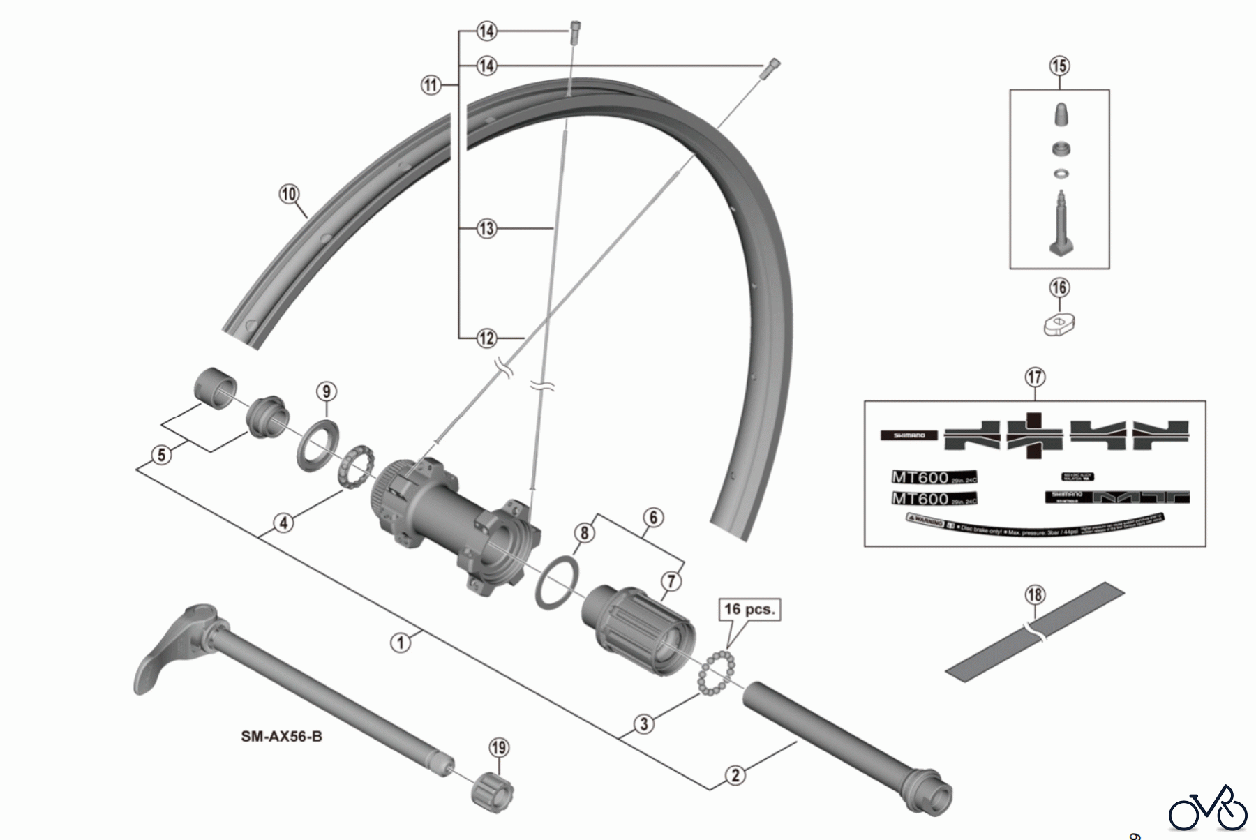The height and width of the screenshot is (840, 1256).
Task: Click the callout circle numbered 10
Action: coord(289,194)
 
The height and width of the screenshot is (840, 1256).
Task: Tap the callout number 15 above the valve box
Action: coord(1059,66)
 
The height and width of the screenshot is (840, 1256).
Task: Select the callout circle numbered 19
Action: coord(498,748)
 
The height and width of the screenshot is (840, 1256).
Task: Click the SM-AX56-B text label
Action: coord(282,736)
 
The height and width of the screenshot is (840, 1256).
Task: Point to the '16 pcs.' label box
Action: coord(749,609)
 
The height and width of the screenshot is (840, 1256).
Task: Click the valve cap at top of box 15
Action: coord(1060,114)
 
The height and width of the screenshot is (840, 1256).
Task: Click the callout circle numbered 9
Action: coord(327,391)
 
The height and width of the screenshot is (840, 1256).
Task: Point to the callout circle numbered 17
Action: coord(1035,377)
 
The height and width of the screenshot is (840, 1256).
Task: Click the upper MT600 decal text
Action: coord(920,478)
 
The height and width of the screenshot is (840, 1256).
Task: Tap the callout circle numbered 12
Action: coord(486,338)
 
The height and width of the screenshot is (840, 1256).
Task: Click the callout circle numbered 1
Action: coord(401,642)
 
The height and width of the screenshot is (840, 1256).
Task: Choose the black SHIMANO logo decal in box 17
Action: coord(909,435)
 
